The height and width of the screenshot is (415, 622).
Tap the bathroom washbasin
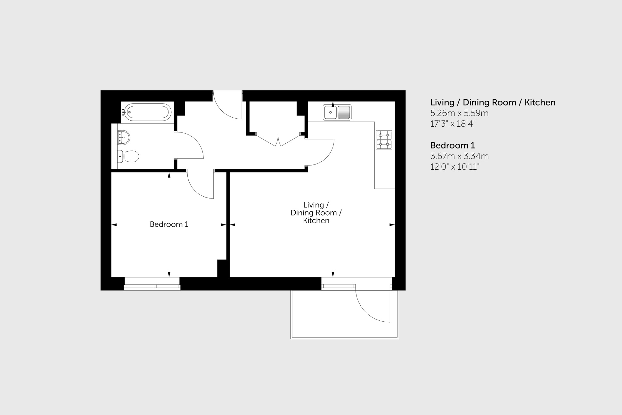[x=124, y=137]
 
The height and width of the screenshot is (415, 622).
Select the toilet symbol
[x=128, y=157]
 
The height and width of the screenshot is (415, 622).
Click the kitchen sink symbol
[x=337, y=112]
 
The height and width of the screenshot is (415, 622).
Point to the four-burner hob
[x=384, y=140]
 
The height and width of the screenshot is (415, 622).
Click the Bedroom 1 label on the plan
[x=169, y=224]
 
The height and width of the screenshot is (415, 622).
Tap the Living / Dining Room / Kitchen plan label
[x=316, y=213]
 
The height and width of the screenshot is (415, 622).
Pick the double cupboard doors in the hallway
[x=278, y=140]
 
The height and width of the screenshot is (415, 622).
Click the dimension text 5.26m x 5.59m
[x=459, y=113]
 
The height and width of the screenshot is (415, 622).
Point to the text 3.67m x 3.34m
[x=459, y=156]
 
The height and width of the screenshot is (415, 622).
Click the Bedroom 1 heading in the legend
[x=452, y=146]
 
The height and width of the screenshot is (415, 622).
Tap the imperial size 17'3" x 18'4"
[x=453, y=124]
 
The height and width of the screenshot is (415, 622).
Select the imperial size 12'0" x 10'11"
[x=454, y=167]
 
